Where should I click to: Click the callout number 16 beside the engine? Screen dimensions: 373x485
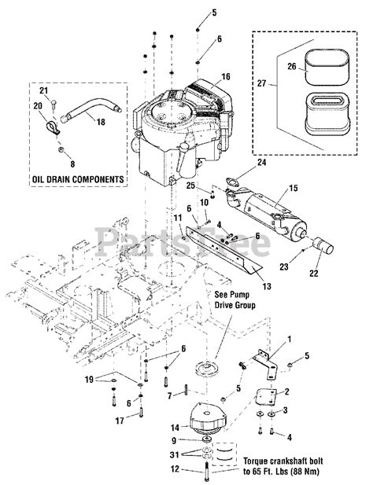pos(226,76)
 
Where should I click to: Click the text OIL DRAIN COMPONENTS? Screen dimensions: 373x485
pos(78,179)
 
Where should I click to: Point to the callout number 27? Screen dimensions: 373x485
pos(261,83)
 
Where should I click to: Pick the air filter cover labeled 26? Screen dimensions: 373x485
pos(327,67)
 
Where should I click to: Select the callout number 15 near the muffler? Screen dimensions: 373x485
pos(294,188)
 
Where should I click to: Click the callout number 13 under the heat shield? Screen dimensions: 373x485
pos(267,286)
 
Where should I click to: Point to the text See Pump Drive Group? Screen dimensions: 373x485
pos(235,299)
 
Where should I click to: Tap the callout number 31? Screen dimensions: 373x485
pos(174,455)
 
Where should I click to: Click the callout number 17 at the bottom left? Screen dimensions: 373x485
pos(120,421)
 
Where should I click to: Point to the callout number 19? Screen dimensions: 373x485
pos(89,379)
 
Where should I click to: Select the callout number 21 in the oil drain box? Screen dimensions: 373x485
pos(43,90)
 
